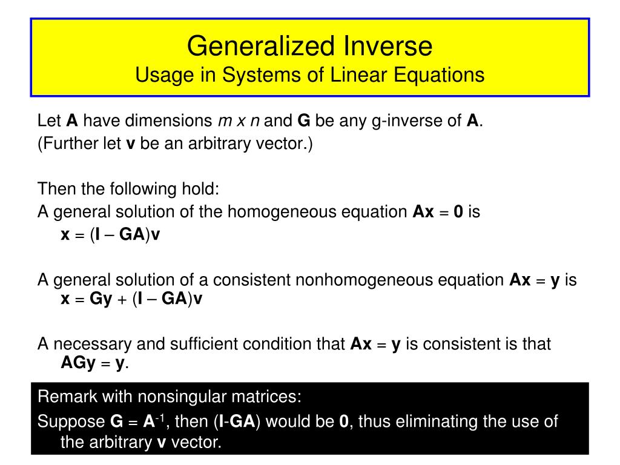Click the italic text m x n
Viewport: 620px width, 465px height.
point(239,121)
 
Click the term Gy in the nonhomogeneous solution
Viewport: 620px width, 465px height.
point(101,299)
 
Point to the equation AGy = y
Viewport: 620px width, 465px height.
point(94,363)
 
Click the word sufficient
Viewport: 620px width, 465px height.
point(196,344)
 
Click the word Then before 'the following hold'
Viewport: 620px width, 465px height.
point(57,189)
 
